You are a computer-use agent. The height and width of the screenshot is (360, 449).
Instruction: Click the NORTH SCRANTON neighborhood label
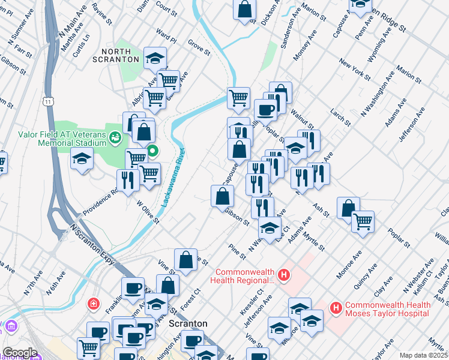tap(116, 55)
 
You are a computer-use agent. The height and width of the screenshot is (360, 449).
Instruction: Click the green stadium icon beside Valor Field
tap(114, 138)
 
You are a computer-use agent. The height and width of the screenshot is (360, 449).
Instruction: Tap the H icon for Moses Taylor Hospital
tap(336, 308)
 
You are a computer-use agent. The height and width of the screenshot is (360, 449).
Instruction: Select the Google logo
tap(19, 352)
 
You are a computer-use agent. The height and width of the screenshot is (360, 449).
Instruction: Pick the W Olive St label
tap(148, 212)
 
